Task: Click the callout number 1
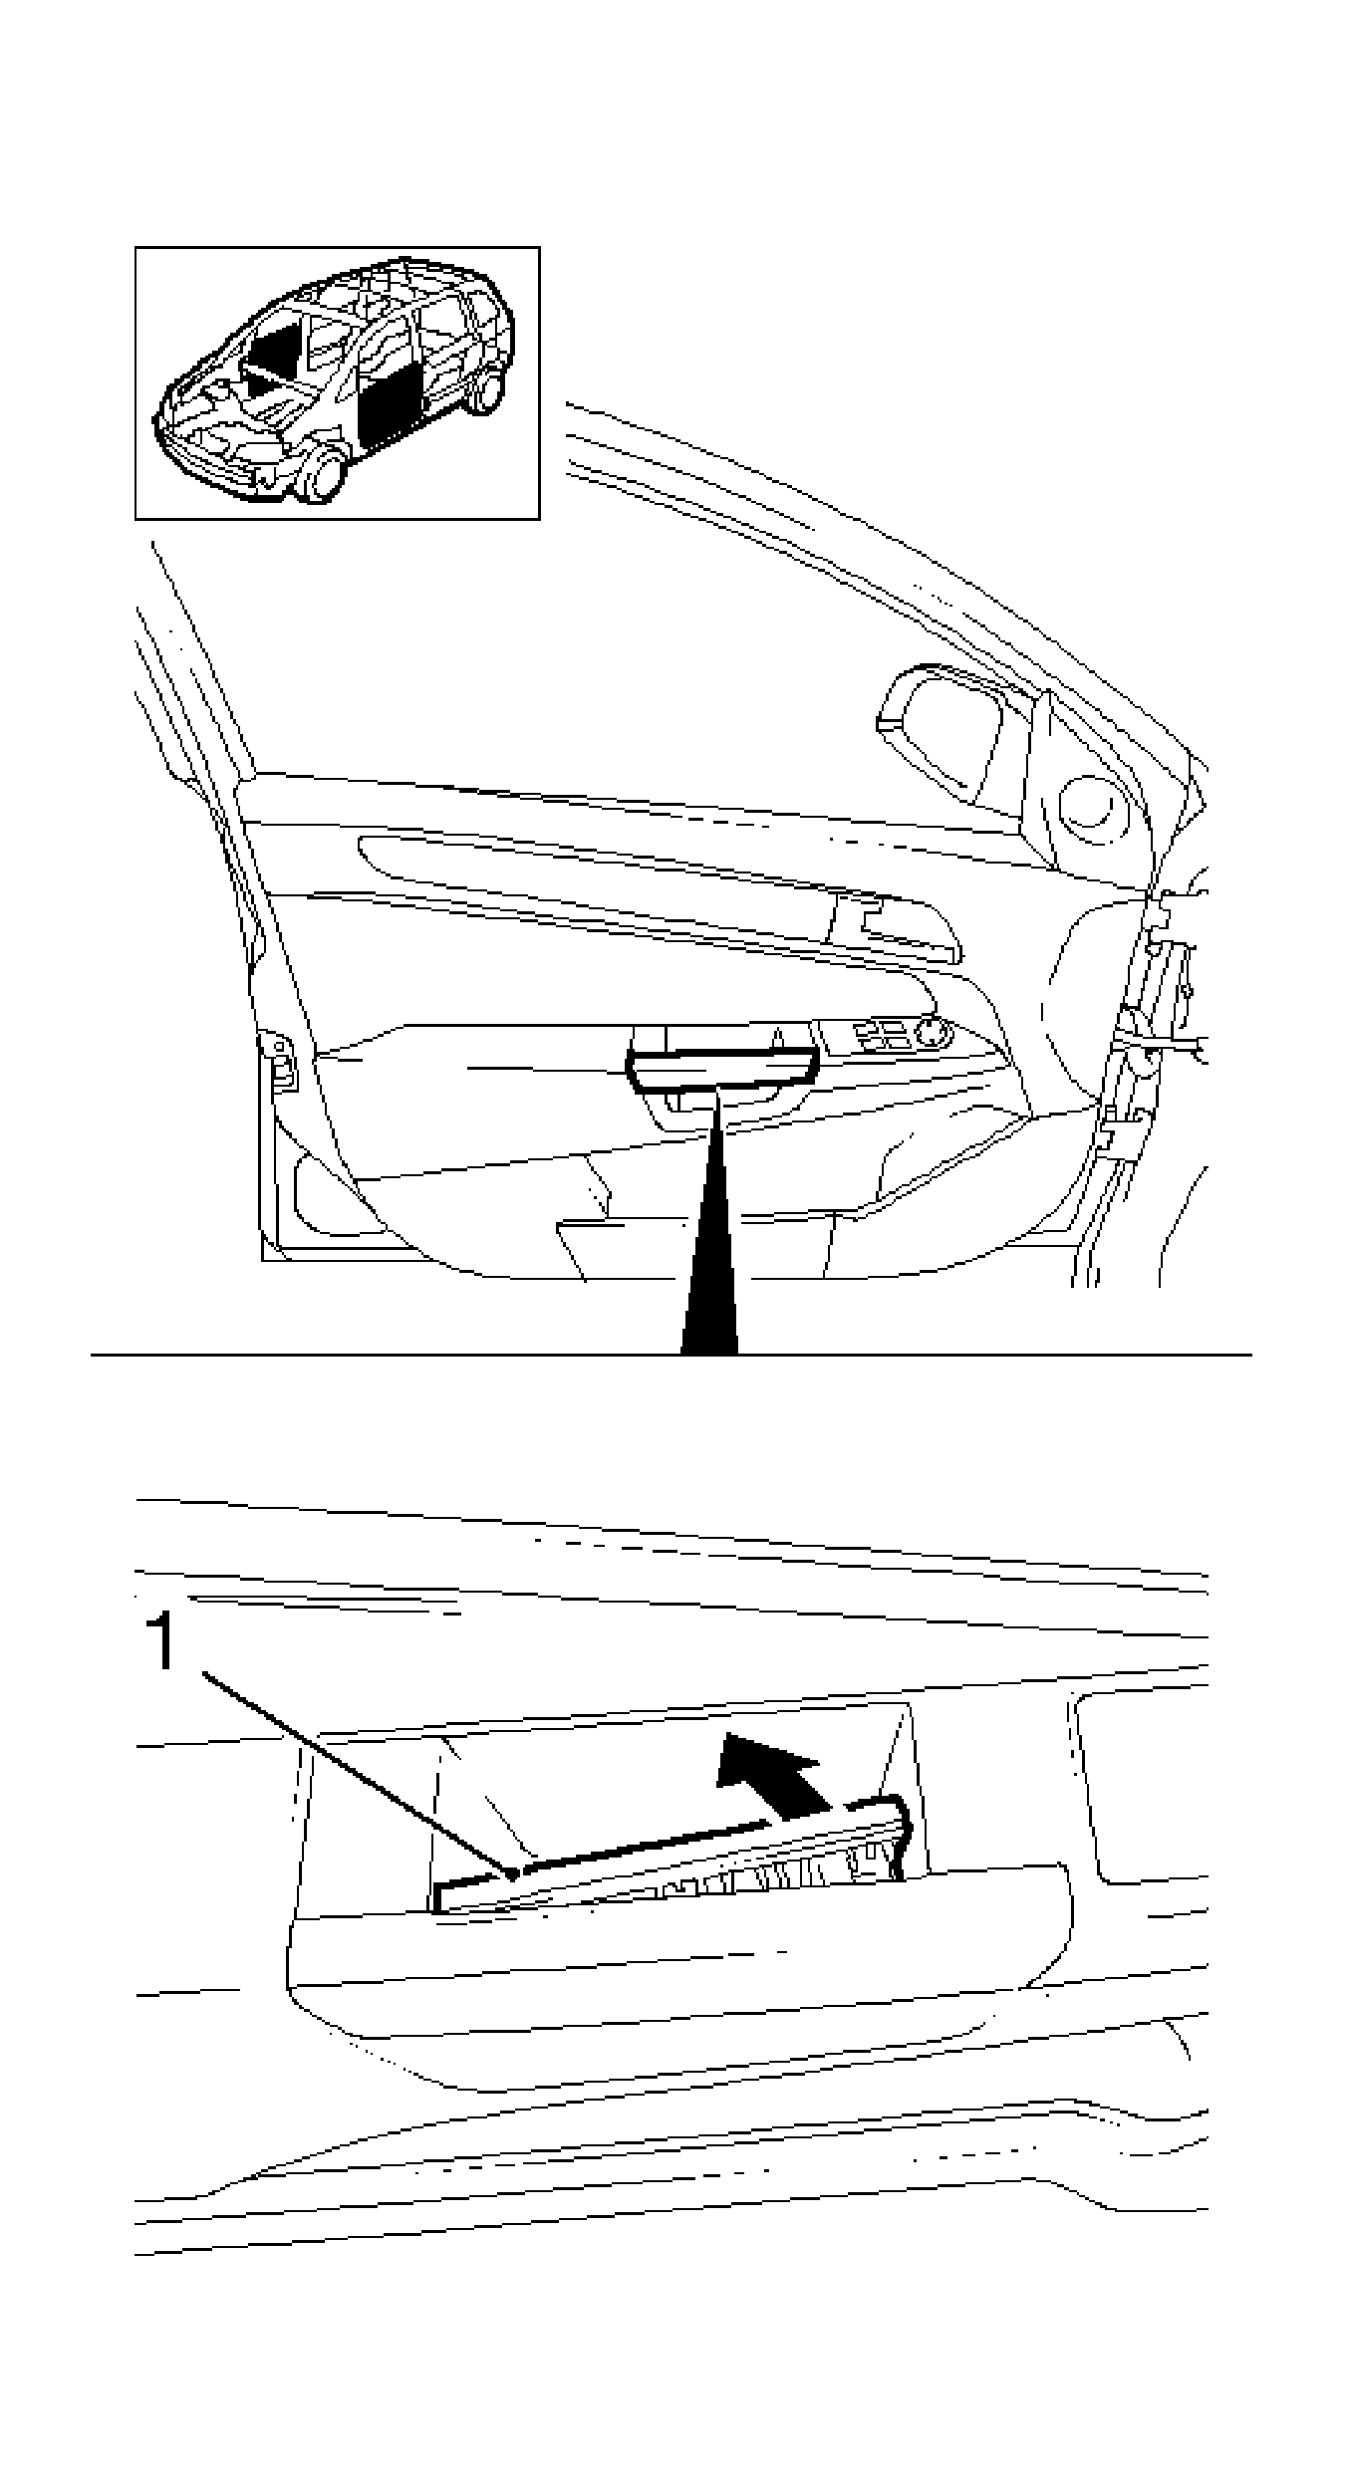(x=160, y=1644)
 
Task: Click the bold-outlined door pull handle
(x=721, y=1071)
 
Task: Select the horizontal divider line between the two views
(x=399, y=1355)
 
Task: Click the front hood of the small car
(x=214, y=408)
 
